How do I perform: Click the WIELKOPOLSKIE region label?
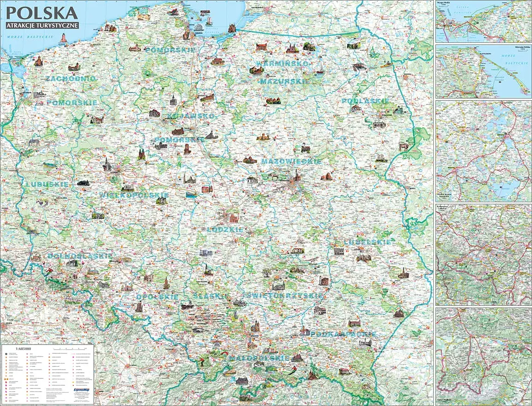pos(134,195)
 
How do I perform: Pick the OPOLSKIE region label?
pos(157,297)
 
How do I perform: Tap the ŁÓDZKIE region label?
pos(225,229)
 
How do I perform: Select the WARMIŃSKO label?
pos(282,63)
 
